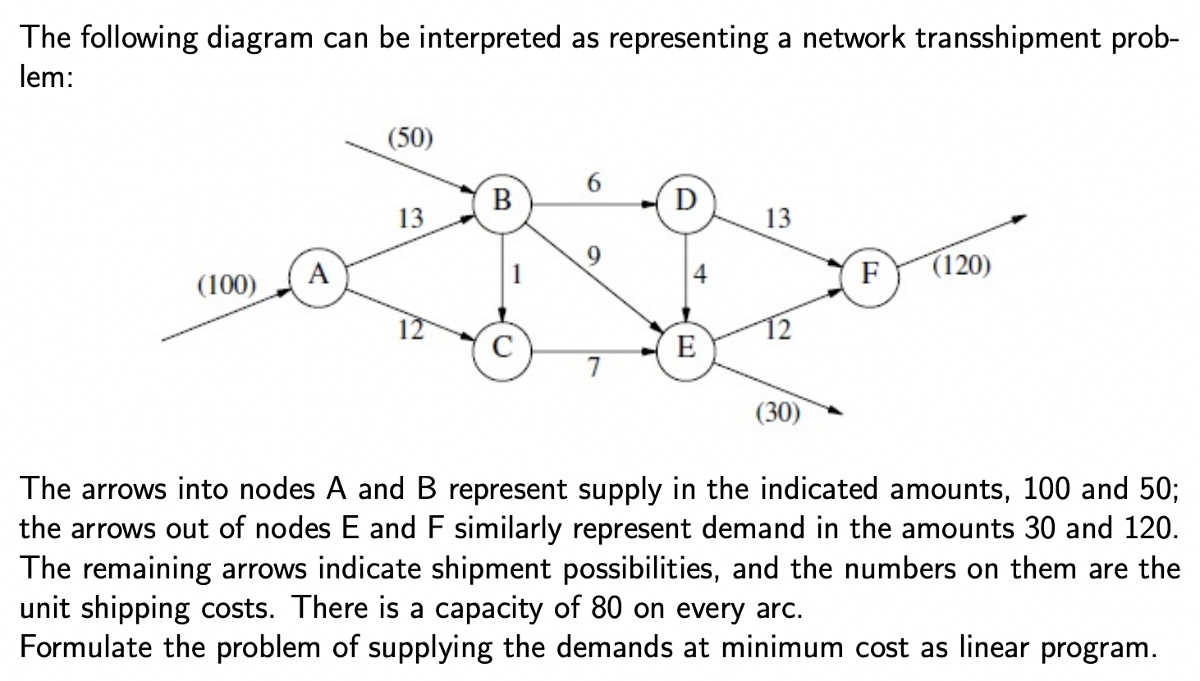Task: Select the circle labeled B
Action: (503, 199)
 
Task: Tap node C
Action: (503, 348)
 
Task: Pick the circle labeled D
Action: (687, 199)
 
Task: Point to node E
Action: (687, 348)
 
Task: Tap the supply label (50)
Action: (408, 137)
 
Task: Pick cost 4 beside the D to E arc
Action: (700, 274)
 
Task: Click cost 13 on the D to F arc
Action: (777, 218)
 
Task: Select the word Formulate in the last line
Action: (85, 647)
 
